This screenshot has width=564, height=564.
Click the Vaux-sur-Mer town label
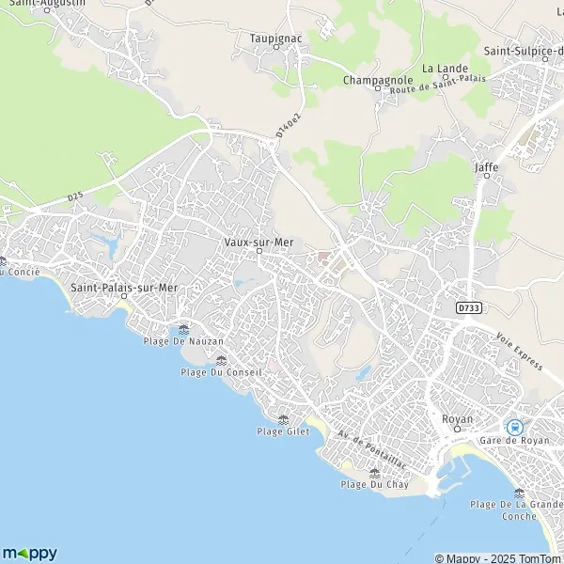pos(258,241)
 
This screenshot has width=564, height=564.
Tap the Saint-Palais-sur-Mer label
pos(123,286)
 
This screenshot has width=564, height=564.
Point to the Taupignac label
pos(274,38)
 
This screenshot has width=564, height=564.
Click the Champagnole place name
pos(373,80)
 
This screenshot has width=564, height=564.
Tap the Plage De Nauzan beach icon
pos(183,329)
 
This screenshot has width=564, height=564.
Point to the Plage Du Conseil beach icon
pos(222,360)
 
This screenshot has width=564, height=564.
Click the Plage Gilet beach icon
pos(283,419)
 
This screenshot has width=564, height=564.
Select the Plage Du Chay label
pos(373,484)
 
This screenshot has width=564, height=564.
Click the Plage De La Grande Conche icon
pos(520,493)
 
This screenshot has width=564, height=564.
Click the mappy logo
pos(29,553)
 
